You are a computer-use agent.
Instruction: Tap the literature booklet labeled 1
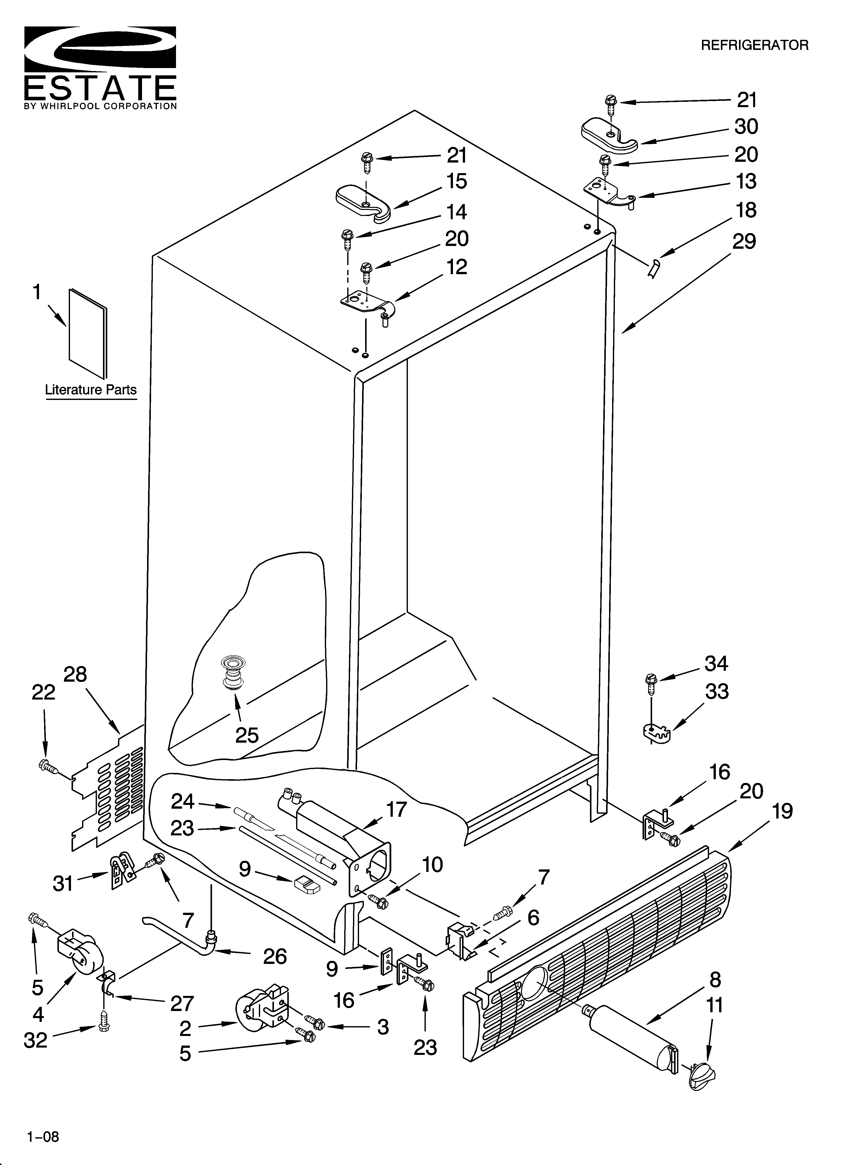tap(88, 333)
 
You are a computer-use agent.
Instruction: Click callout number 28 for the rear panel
tap(75, 674)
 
